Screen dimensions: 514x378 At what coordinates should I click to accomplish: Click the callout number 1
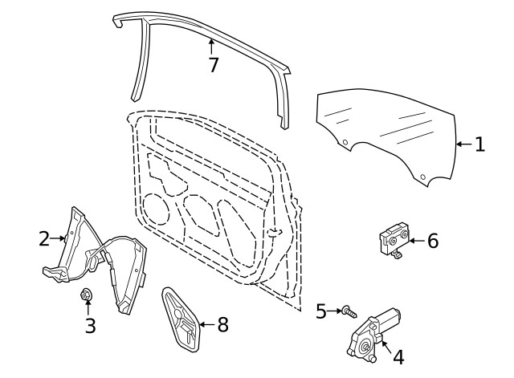(x=480, y=144)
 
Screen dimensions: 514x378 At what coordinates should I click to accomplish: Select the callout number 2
(x=44, y=238)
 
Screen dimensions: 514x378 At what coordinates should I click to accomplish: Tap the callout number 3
(x=91, y=326)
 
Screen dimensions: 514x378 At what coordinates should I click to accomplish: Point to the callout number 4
(x=398, y=357)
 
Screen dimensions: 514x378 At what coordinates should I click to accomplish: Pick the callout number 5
(x=321, y=311)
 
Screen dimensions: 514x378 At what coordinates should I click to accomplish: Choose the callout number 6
(x=433, y=241)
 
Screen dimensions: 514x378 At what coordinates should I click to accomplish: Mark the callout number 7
(x=214, y=65)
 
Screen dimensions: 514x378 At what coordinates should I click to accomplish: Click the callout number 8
(x=223, y=325)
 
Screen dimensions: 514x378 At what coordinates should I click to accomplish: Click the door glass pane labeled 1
(x=387, y=131)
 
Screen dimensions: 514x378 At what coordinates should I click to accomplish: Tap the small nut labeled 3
(x=86, y=295)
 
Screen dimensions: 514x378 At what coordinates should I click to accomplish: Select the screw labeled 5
(x=349, y=311)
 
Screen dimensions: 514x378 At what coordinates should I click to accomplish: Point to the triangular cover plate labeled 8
(x=182, y=319)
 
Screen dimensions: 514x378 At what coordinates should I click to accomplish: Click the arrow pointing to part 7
(x=211, y=47)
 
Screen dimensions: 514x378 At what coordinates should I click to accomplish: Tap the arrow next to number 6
(x=418, y=241)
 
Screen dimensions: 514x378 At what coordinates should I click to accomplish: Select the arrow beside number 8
(x=207, y=324)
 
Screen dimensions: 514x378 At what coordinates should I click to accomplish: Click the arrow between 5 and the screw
(x=334, y=311)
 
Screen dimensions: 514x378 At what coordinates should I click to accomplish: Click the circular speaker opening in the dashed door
(x=157, y=209)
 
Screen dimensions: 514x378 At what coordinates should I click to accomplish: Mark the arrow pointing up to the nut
(x=88, y=307)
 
